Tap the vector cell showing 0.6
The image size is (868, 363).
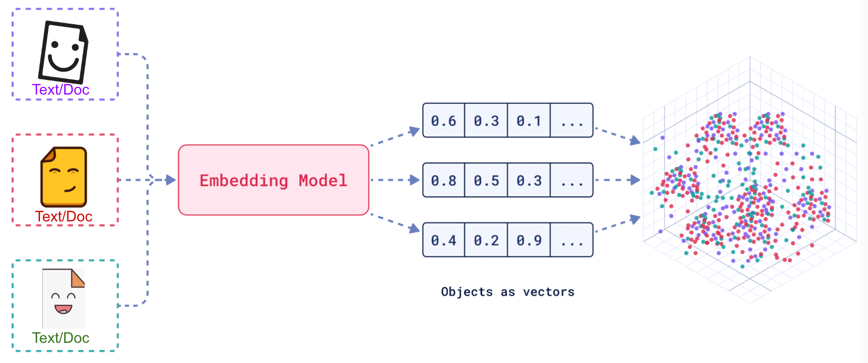[443, 121]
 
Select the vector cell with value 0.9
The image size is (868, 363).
[529, 240]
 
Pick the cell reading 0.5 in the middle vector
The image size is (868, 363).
[486, 181]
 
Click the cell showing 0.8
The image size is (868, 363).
[443, 181]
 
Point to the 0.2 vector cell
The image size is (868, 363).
[486, 240]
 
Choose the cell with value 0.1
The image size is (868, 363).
[529, 121]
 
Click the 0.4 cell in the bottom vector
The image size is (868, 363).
[443, 240]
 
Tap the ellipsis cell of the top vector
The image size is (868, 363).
[572, 121]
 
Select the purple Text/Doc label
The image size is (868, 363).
[61, 90]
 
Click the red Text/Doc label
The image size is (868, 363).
[64, 216]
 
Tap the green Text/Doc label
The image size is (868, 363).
[61, 337]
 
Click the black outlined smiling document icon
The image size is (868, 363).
[63, 52]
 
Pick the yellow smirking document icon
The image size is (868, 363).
[64, 177]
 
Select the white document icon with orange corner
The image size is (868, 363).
[63, 298]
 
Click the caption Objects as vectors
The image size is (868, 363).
[508, 292]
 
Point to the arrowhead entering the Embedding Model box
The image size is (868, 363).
[171, 180]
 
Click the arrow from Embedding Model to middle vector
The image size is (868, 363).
[395, 180]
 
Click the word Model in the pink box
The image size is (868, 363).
[323, 181]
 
